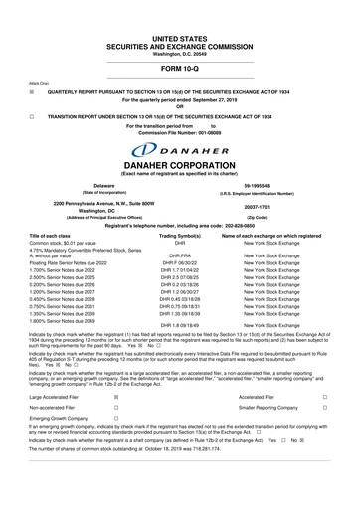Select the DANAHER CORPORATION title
coord(180,162)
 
